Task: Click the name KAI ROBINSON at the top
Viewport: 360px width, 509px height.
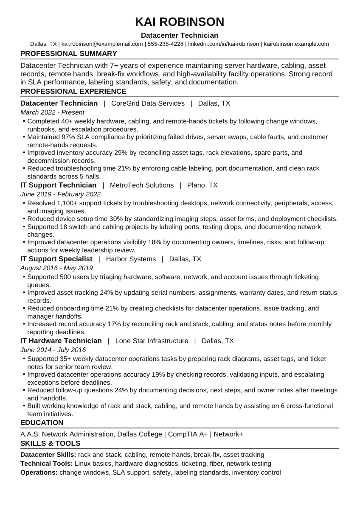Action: pos(180,22)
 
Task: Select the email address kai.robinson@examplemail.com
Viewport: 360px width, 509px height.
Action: pos(102,44)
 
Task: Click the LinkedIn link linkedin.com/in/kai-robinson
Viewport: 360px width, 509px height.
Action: pos(223,44)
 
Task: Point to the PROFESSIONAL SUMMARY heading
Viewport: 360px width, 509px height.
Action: pos(69,54)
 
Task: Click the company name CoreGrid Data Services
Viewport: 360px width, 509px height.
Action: pos(148,103)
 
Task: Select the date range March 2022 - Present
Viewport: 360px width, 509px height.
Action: pos(52,112)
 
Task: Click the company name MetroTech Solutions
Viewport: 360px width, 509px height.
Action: pos(142,185)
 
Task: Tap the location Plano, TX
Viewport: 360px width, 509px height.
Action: pos(202,185)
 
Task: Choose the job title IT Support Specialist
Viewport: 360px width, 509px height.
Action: pos(56,259)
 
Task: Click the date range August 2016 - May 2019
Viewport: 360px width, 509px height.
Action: pos(56,268)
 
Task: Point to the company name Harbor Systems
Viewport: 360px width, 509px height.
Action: pos(131,259)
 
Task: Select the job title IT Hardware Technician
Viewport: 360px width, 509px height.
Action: pos(61,341)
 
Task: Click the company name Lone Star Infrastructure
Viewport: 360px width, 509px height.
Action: pos(152,341)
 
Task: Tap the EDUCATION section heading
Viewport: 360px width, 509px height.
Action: pos(42,423)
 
